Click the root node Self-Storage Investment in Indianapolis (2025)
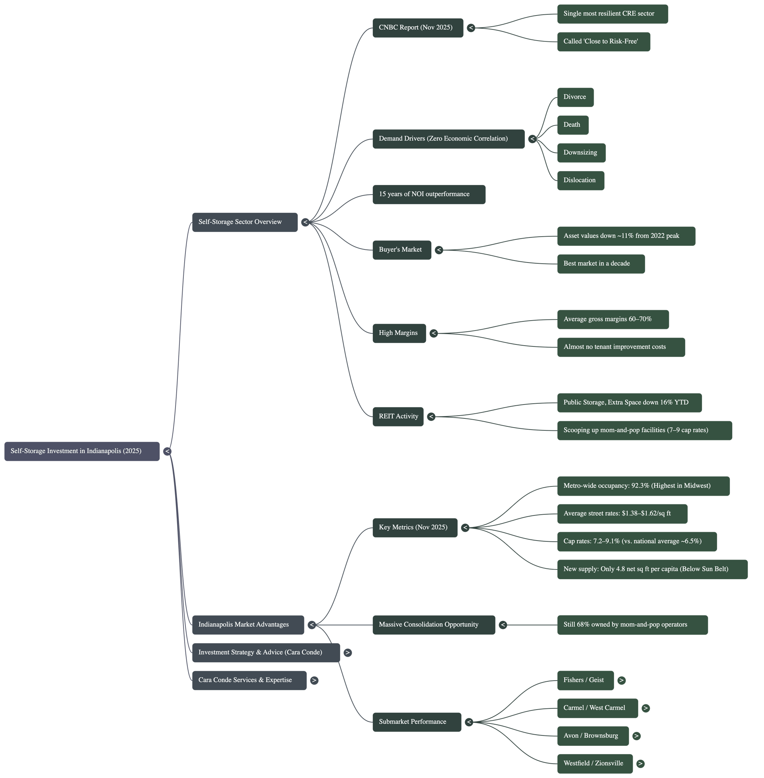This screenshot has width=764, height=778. click(x=82, y=451)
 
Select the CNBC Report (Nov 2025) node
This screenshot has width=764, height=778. click(x=418, y=28)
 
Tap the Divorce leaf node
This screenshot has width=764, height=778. click(x=575, y=97)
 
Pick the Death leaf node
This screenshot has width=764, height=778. click(x=573, y=125)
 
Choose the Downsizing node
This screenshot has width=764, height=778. click(x=581, y=152)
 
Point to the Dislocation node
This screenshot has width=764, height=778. click(x=580, y=181)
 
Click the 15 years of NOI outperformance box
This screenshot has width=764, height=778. click(x=429, y=194)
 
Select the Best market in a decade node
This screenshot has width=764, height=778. click(x=601, y=264)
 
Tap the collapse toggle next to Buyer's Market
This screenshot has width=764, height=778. click(x=439, y=250)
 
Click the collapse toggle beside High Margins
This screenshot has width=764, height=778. click(x=434, y=333)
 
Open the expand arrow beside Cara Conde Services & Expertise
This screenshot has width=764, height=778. click(x=315, y=680)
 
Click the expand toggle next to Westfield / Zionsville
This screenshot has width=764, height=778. click(x=640, y=764)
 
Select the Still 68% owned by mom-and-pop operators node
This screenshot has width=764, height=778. click(x=632, y=625)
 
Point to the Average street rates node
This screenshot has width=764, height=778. click(x=622, y=514)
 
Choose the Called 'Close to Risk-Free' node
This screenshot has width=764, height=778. click(x=603, y=42)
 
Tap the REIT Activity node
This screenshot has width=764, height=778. click(x=398, y=417)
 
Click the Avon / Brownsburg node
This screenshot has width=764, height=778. click(x=592, y=736)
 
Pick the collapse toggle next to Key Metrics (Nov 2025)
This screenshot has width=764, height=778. click(x=465, y=528)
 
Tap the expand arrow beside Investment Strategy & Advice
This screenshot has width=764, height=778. click(x=347, y=652)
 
